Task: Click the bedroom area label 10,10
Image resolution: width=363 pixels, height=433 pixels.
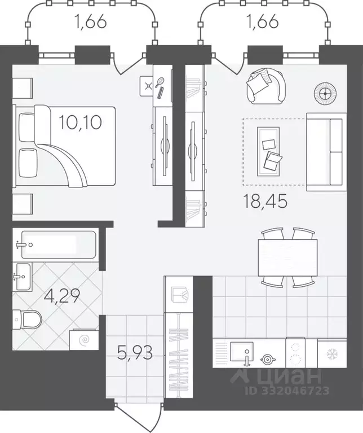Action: point(80,123)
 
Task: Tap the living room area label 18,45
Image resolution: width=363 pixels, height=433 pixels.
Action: point(265,201)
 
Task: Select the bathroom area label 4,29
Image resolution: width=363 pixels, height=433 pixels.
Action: point(62,296)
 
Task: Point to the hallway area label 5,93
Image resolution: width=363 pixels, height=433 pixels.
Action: point(135,353)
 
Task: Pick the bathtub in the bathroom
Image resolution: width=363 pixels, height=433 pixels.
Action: point(59,244)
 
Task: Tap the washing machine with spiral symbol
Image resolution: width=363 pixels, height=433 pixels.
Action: point(84,339)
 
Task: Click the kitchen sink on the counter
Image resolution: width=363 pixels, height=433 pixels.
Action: point(242,352)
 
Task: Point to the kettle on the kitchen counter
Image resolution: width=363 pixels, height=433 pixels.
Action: point(268,360)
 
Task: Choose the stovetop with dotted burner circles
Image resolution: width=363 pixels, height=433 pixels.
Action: point(296,353)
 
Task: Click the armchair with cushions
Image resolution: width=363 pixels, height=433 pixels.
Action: point(266,86)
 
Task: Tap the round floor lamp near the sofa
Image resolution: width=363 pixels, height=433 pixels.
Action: point(325,94)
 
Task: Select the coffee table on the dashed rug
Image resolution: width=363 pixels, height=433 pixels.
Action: point(268,151)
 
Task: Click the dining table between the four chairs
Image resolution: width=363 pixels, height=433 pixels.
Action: point(287,257)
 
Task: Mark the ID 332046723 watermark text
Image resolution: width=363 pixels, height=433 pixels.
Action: point(287,391)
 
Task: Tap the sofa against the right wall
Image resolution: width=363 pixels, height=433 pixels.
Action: point(326,152)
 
